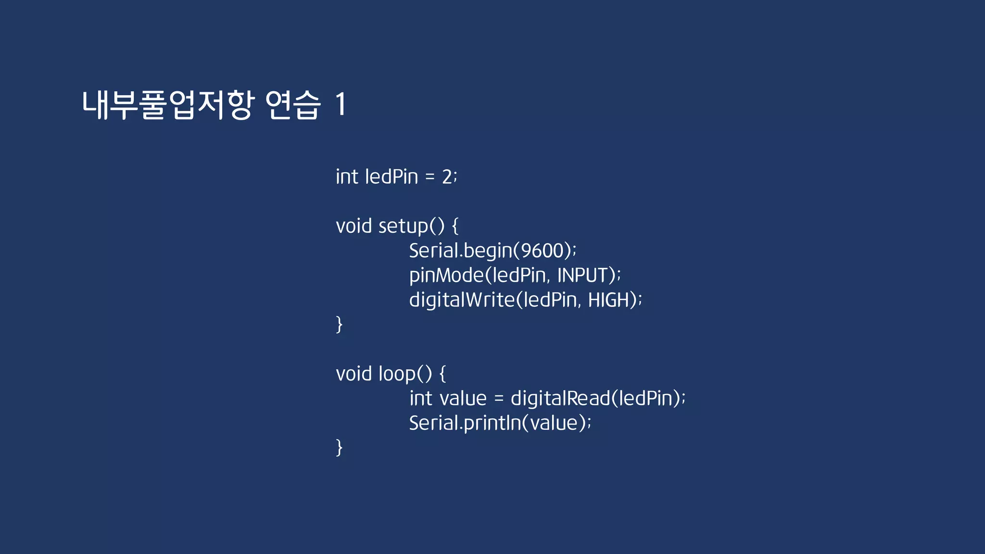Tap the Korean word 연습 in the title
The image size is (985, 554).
click(x=293, y=104)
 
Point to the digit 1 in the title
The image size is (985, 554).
click(x=341, y=104)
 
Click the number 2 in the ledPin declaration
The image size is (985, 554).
click(x=447, y=177)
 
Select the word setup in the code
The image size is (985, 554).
click(x=403, y=227)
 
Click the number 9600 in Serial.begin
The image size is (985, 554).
click(x=543, y=251)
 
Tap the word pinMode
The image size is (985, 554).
click(x=446, y=276)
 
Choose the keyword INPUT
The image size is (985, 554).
click(x=582, y=276)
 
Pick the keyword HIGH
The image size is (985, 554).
click(x=609, y=300)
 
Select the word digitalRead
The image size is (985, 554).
click(x=560, y=399)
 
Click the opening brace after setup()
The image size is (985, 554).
click(x=455, y=227)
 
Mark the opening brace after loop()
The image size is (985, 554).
click(x=442, y=374)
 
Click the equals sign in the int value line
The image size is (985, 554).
click(x=499, y=399)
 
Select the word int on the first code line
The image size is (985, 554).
click(x=347, y=177)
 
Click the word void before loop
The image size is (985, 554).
click(x=354, y=374)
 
